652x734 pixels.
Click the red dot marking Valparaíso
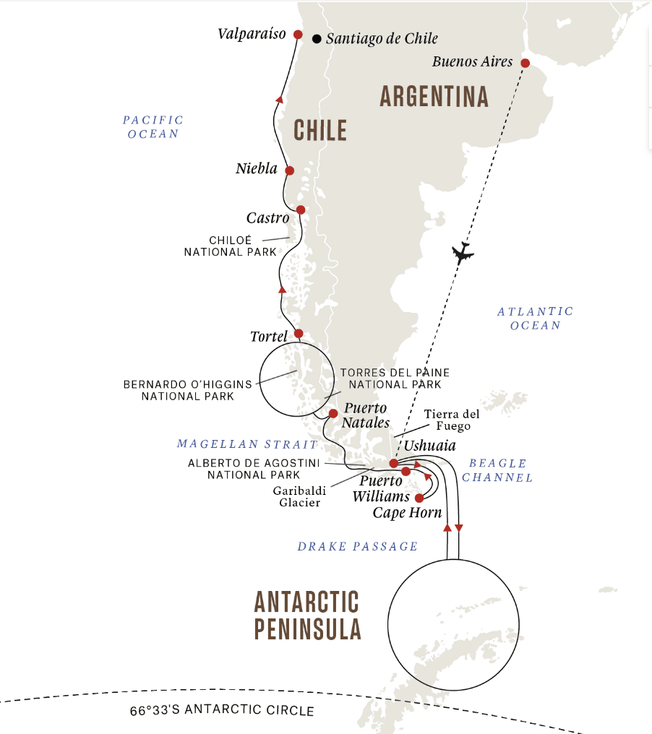(298, 34)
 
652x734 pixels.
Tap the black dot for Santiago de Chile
(317, 39)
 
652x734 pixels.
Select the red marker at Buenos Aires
(526, 63)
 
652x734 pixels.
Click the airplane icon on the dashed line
(461, 253)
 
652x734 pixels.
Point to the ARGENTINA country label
(434, 97)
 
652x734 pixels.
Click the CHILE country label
(320, 131)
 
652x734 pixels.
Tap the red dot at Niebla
(289, 170)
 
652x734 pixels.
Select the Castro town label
(267, 217)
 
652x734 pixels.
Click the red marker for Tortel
(298, 334)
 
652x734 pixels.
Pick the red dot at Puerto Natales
(333, 414)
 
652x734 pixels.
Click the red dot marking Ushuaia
(393, 463)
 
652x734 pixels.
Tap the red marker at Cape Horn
(419, 498)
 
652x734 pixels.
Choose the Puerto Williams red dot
(406, 471)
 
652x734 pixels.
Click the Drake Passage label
(358, 546)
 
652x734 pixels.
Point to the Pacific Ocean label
(153, 127)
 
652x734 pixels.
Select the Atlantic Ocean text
(535, 318)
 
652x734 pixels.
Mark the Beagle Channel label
(497, 470)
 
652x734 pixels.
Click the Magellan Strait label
(246, 444)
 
